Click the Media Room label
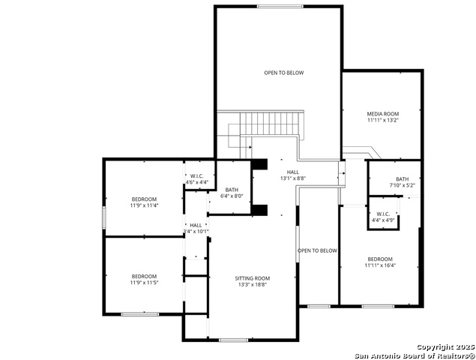pos(382,113)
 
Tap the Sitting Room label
pos(252,277)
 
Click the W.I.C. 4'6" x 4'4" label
pos(197,178)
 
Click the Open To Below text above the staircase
pos(284,73)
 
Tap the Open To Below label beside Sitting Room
pos(317,250)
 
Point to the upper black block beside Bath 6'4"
pos(259,164)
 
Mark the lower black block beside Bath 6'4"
pos(259,209)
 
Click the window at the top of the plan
pos(280,7)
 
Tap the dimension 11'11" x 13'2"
pos(382,120)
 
